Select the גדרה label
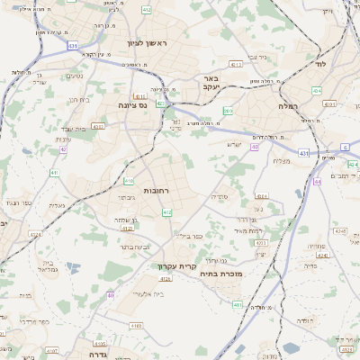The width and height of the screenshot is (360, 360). click(x=94, y=353)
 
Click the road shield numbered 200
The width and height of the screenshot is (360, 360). click(x=229, y=111)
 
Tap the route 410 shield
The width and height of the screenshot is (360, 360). click(x=129, y=181)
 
